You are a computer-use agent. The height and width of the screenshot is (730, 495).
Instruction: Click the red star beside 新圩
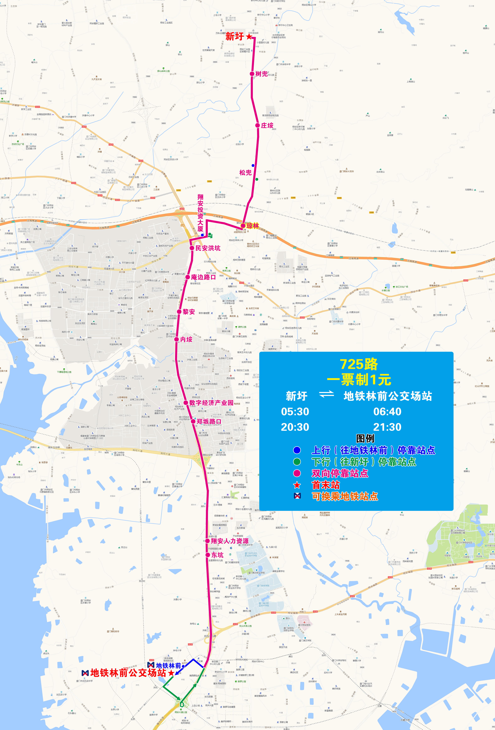[249, 36]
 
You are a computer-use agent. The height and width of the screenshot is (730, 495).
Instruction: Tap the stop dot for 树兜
[252, 74]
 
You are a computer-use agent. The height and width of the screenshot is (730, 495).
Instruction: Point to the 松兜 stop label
[245, 172]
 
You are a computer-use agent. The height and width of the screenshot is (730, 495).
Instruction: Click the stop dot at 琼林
[243, 225]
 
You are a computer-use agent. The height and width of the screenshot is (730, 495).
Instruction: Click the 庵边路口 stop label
[203, 277]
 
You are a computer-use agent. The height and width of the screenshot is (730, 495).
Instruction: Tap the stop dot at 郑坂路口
[193, 422]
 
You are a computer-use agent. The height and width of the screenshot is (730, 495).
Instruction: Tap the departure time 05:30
[295, 411]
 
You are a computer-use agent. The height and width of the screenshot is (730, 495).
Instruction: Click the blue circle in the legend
[297, 450]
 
